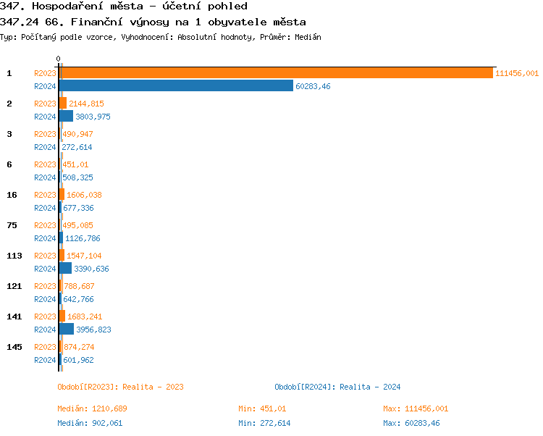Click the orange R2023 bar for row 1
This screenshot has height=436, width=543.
click(x=275, y=73)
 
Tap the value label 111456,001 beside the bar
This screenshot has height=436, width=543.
click(x=517, y=73)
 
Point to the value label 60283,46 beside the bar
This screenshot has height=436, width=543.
click(x=313, y=86)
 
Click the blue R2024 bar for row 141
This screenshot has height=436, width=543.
click(x=67, y=330)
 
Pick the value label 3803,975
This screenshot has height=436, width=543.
click(x=93, y=117)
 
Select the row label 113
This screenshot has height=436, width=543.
click(x=14, y=256)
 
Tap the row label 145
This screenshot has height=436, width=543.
click(x=14, y=347)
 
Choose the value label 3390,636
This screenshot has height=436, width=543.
click(x=91, y=269)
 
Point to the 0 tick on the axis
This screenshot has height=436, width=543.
click(x=59, y=59)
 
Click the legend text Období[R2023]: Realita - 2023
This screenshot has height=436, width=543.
click(x=120, y=387)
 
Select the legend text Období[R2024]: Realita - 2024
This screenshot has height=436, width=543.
click(x=337, y=387)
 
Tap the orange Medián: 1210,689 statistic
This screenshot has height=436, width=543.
click(x=92, y=408)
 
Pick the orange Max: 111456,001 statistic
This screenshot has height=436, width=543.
click(x=416, y=408)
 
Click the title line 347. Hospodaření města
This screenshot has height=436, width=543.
click(x=124, y=7)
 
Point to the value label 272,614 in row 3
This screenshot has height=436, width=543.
click(x=77, y=147)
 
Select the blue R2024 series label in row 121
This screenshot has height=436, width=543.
click(x=45, y=299)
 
